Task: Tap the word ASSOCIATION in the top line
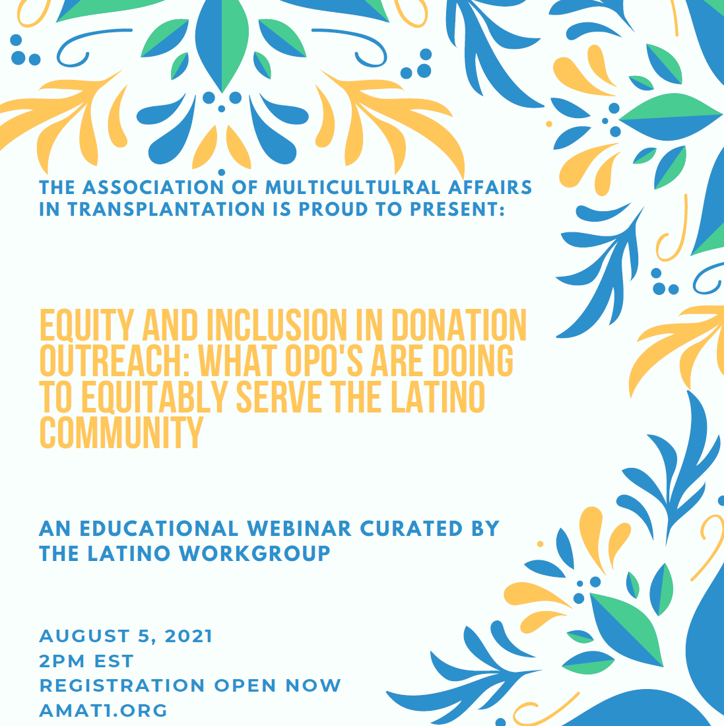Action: point(153,187)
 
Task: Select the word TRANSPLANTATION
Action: point(166,209)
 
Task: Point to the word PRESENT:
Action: point(457,209)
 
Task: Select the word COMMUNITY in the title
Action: point(121,432)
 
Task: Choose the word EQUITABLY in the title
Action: point(154,397)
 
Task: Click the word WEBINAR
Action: point(299,529)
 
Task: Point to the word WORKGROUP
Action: point(255,553)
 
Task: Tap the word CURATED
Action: point(411,529)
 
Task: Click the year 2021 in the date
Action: point(188,636)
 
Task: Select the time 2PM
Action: point(63,661)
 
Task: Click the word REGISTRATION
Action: point(122,686)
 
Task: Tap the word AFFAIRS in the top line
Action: point(490,187)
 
